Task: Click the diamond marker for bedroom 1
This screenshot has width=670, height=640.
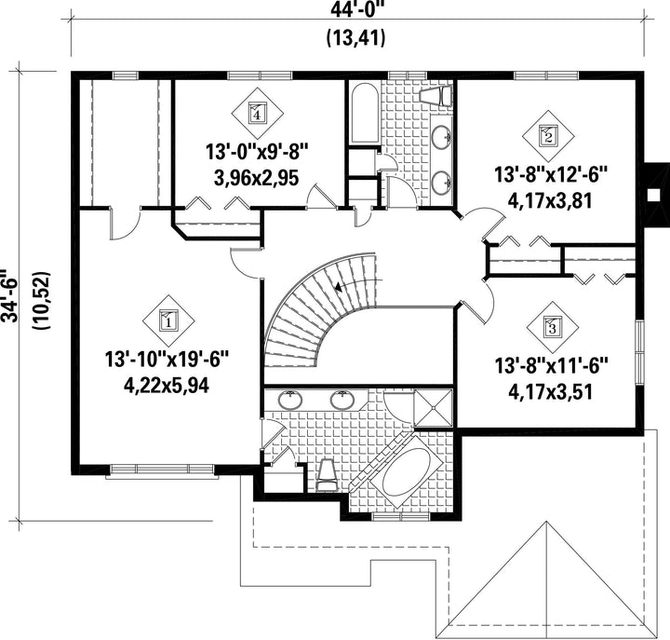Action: click(x=167, y=320)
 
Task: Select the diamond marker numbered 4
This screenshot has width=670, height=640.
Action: click(x=257, y=114)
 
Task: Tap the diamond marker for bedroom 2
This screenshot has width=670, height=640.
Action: click(x=549, y=136)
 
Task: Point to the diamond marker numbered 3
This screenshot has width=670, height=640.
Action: click(x=552, y=328)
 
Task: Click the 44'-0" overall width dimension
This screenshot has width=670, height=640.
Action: click(x=355, y=10)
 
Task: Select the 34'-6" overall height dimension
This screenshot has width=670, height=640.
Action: click(x=9, y=295)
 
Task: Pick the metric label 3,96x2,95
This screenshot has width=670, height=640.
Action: click(x=257, y=178)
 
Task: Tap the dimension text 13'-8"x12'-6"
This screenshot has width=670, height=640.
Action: click(x=551, y=175)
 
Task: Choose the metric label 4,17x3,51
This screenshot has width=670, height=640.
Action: click(x=550, y=392)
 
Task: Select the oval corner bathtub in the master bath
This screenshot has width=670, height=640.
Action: click(x=407, y=472)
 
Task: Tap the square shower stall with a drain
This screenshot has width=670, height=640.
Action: click(x=433, y=408)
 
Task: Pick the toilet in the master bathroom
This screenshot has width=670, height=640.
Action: click(x=328, y=475)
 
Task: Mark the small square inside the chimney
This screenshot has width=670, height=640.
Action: click(x=652, y=195)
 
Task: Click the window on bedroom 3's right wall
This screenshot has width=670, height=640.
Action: click(x=639, y=352)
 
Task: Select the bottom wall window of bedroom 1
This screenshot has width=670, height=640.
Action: click(x=162, y=470)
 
